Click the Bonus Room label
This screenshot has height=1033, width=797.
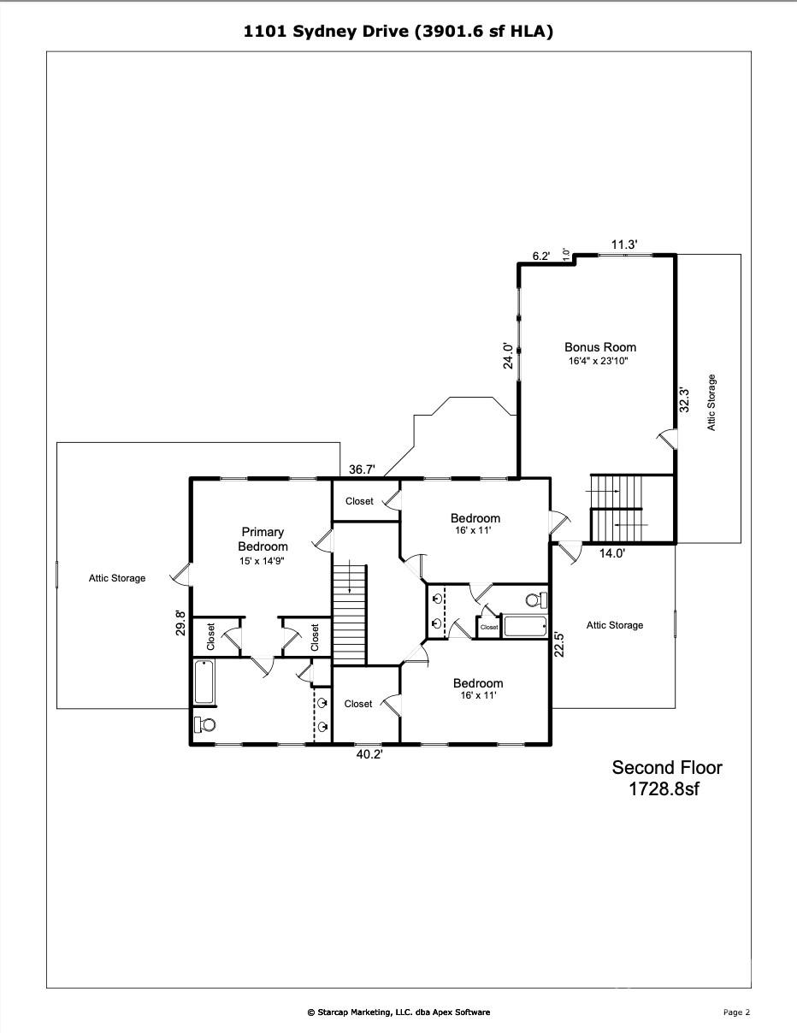[599, 347]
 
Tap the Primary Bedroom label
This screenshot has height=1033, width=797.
[263, 540]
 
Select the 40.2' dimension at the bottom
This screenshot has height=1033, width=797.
[369, 755]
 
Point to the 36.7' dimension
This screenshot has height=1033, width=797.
[363, 469]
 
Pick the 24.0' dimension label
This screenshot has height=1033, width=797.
[508, 355]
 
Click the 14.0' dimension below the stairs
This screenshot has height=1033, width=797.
[611, 553]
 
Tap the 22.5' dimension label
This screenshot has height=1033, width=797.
[558, 643]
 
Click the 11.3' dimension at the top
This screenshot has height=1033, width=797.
[623, 245]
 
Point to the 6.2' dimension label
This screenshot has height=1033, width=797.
[540, 256]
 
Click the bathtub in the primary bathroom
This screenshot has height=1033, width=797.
[205, 682]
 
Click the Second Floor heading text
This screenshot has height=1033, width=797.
[666, 768]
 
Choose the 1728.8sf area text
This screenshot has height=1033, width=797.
[664, 789]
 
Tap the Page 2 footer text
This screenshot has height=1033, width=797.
[736, 1012]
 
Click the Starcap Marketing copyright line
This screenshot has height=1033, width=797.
[398, 1012]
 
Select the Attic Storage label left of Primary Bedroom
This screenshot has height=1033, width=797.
[117, 578]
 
